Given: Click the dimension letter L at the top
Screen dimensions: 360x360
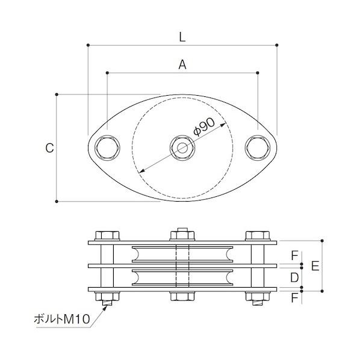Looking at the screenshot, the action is click(x=182, y=37).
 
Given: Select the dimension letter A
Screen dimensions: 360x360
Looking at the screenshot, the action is click(x=182, y=64).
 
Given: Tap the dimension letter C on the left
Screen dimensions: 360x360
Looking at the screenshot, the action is click(x=49, y=148).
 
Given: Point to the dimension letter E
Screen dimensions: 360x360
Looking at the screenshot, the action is click(x=315, y=266).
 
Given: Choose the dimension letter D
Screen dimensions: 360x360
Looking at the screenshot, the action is click(x=294, y=278).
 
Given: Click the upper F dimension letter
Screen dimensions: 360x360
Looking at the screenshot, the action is click(x=294, y=255).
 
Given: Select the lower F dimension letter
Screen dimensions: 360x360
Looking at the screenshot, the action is click(x=294, y=298).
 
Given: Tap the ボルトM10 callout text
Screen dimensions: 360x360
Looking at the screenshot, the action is click(x=62, y=319).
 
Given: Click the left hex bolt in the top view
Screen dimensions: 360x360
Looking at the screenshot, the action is click(x=107, y=148).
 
